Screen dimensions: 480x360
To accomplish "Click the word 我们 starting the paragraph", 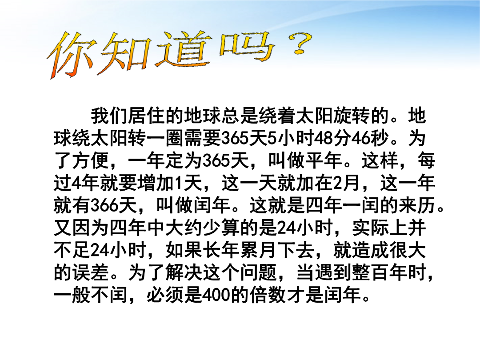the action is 109,116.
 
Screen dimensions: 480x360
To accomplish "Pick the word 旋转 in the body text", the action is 352,116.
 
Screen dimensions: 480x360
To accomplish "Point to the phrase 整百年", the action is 380,272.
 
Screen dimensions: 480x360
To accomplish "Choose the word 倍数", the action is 268,295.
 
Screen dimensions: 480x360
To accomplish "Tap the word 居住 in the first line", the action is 147,116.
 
